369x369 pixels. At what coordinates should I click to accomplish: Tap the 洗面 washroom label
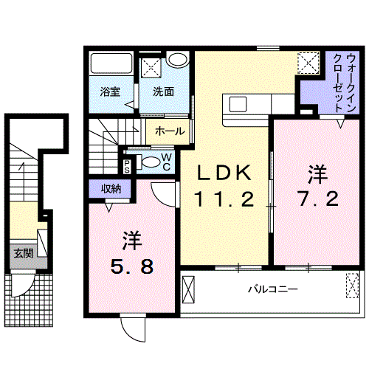(163, 92)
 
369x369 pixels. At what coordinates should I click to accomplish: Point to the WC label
(166, 162)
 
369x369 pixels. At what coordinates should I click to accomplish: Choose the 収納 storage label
(111, 190)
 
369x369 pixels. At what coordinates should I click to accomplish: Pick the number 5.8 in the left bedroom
(133, 264)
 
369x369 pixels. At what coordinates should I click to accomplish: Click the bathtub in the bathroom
(111, 65)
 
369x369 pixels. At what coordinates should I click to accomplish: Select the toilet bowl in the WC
(150, 163)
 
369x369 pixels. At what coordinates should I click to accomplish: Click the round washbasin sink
(176, 60)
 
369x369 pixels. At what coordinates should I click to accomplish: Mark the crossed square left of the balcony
(189, 289)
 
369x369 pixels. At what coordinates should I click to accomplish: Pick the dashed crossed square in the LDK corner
(306, 62)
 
